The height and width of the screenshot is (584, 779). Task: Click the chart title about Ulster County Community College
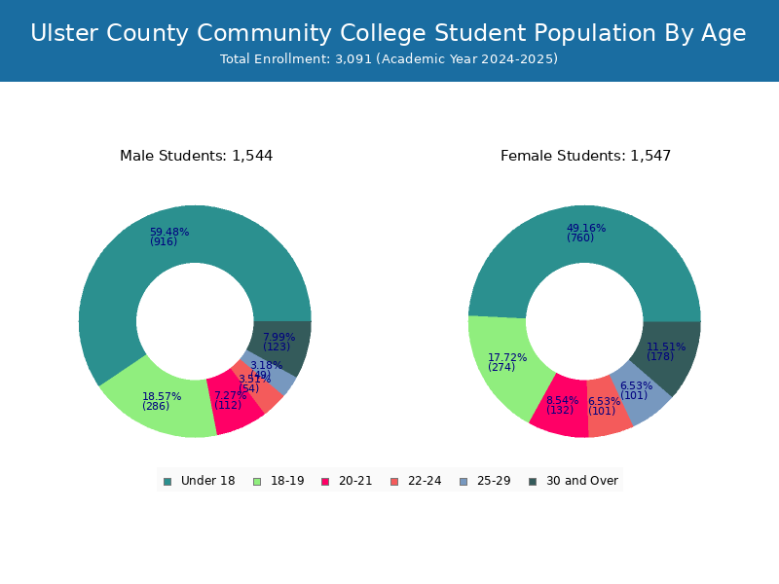tap(389, 33)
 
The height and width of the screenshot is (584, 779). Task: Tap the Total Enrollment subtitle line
tap(389, 59)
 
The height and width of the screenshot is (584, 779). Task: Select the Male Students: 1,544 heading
tap(196, 156)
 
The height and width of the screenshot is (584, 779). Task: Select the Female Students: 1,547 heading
tap(585, 156)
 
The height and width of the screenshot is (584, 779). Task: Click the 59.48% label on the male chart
tap(169, 233)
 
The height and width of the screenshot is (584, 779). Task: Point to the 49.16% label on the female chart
tap(586, 229)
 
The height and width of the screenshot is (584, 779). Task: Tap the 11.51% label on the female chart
tap(666, 347)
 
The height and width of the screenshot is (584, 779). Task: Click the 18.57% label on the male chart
tap(162, 397)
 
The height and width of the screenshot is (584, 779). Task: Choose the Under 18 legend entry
tap(200, 481)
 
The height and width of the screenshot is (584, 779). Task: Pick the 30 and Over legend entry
tap(574, 481)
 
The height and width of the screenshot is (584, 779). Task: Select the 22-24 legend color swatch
tap(394, 481)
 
